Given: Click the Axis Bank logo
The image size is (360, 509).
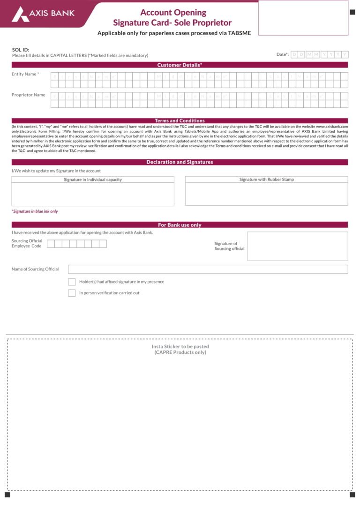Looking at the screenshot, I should point(43,14).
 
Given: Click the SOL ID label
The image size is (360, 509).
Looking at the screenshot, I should point(21,50).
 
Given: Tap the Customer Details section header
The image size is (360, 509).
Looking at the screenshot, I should point(180,65).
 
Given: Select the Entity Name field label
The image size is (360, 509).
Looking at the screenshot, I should point(25,74).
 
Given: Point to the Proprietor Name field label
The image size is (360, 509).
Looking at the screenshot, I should point(29,95).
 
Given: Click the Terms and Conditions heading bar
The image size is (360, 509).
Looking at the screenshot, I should point(180,120).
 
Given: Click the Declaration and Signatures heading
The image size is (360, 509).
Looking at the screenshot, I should point(180,162).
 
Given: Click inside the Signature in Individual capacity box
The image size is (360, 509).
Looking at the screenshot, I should point(93,194).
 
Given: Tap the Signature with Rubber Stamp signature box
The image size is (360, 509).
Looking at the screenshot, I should point(266,194).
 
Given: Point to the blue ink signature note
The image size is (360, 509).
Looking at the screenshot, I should point(35,211).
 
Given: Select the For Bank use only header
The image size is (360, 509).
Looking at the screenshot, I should point(180,225).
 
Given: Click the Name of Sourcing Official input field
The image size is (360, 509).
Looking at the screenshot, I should point(208,269).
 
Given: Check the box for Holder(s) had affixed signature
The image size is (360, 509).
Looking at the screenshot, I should point(72,282).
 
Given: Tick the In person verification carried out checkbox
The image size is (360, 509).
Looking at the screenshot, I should point(72,293).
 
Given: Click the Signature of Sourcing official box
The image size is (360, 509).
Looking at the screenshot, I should point(297,246).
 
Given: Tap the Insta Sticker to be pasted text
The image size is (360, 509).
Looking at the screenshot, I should point(180,347).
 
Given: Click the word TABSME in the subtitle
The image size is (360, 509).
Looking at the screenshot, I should point(240,33).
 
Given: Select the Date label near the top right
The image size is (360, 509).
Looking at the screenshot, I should point(282,54).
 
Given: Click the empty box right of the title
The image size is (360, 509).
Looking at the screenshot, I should point(303,18).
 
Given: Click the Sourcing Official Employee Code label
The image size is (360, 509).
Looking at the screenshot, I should point(27,243).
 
